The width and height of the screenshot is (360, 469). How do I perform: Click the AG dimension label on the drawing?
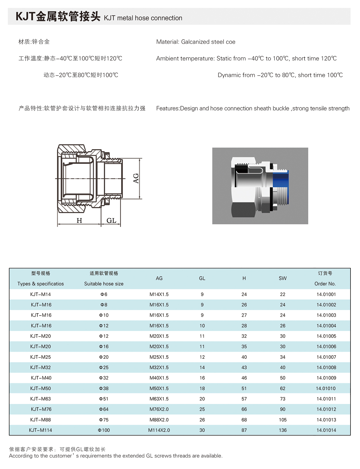pyautogui.click(x=136, y=178)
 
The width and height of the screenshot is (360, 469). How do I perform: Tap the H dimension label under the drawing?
pyautogui.click(x=79, y=221)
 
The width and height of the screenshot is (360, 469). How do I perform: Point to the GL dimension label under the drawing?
pyautogui.click(x=111, y=221)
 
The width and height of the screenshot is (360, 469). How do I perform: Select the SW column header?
pyautogui.click(x=283, y=278)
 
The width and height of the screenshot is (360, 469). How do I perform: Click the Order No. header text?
pyautogui.click(x=325, y=284)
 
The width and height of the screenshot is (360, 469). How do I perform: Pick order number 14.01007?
pyautogui.click(x=326, y=357)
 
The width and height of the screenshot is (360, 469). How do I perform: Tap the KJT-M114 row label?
pyautogui.click(x=41, y=430)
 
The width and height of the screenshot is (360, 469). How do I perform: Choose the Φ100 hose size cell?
pyautogui.click(x=104, y=430)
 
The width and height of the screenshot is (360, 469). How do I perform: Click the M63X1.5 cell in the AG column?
pyautogui.click(x=159, y=399)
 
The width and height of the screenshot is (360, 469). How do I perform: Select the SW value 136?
pyautogui.click(x=283, y=430)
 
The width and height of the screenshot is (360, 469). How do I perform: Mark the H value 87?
pyautogui.click(x=244, y=430)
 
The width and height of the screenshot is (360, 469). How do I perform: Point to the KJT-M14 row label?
pyautogui.click(x=41, y=294)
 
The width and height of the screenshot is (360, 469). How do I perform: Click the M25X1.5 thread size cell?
pyautogui.click(x=159, y=357)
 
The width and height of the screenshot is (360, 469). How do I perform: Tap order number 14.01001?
pyautogui.click(x=326, y=294)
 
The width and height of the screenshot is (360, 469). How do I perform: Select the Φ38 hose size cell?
pyautogui.click(x=104, y=388)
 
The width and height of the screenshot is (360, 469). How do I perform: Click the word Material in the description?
pyautogui.click(x=167, y=42)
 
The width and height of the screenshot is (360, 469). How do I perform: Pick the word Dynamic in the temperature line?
pyautogui.click(x=229, y=75)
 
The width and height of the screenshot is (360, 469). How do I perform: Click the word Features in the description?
pyautogui.click(x=167, y=109)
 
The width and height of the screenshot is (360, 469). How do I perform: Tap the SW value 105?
pyautogui.click(x=283, y=420)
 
